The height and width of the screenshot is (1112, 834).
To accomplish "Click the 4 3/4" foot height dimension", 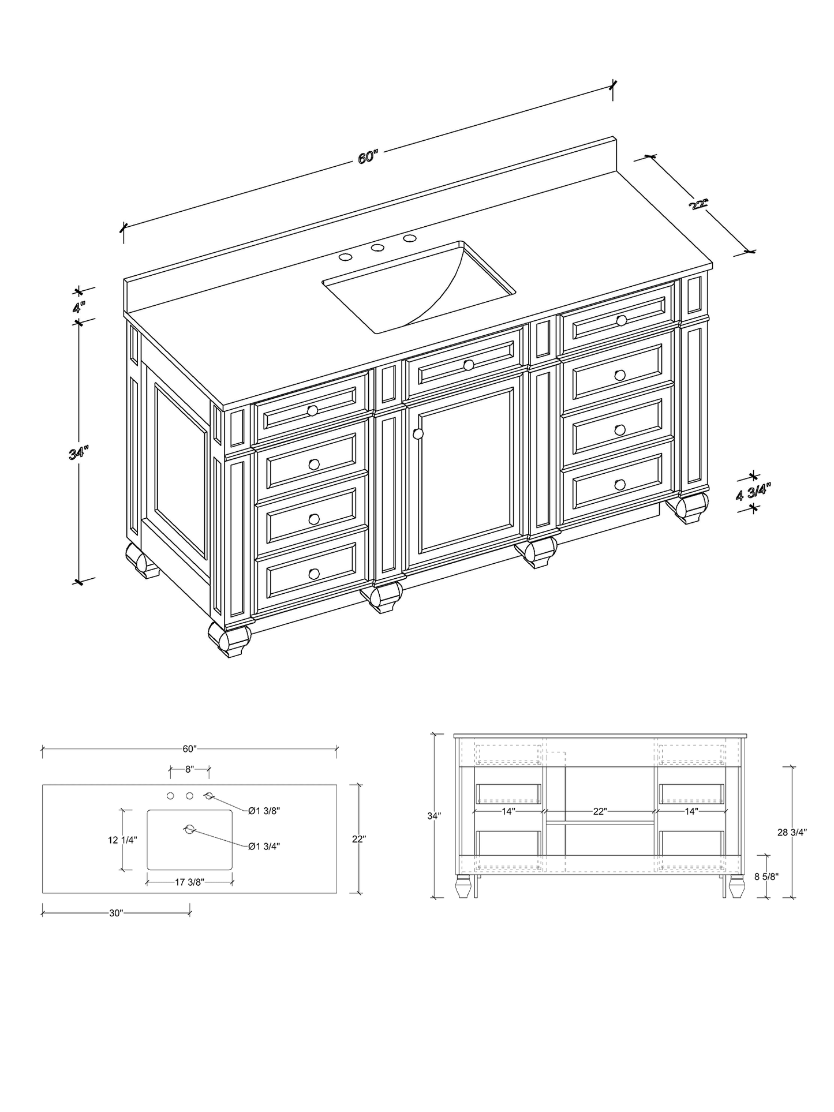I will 754,492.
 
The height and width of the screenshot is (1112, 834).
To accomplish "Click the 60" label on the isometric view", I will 368,157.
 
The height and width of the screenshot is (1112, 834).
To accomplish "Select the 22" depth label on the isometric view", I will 698,204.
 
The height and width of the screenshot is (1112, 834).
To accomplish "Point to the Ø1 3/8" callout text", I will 264,811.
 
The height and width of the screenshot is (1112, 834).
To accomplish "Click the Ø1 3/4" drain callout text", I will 264,846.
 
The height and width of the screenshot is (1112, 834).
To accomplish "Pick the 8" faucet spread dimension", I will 189,769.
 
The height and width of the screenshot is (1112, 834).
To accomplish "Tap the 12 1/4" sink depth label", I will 122,840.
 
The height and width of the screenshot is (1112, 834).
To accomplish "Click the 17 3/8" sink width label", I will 189,881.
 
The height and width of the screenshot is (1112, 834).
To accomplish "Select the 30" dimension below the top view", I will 116,913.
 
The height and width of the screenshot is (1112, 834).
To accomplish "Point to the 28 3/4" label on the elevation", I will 792,832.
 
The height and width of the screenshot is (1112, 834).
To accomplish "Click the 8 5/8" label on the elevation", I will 766,877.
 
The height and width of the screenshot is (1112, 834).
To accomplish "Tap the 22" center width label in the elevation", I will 600,811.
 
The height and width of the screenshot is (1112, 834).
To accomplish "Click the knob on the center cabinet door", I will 418,433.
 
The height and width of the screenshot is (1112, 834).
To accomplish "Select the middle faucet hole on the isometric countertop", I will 377,248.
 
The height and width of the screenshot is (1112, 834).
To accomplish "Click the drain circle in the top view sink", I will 189,830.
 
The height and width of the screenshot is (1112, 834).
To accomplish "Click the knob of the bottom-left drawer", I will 314,573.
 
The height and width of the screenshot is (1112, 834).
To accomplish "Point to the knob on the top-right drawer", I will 621,320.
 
